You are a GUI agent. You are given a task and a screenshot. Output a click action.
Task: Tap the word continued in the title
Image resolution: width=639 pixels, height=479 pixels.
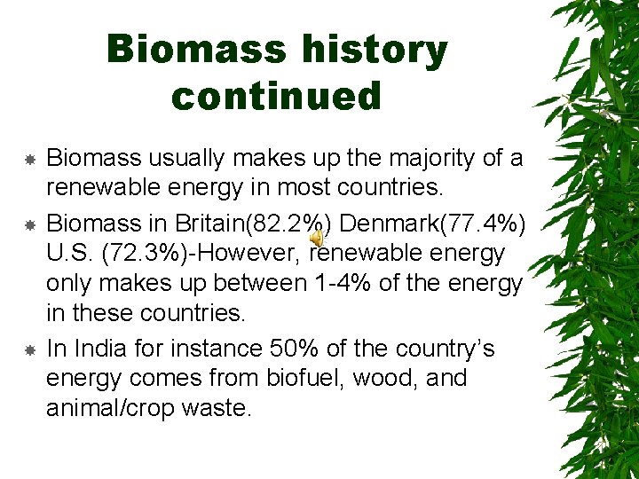[276, 96]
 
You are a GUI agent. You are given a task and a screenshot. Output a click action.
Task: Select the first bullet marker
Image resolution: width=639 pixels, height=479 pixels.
[28, 160]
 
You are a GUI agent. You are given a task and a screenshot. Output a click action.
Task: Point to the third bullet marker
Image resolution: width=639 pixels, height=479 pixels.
[28, 350]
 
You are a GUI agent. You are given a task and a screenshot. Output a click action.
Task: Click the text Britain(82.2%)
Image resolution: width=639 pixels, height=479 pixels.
[250, 222]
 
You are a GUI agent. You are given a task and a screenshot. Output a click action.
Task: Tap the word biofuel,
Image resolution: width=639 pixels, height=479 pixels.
[306, 380]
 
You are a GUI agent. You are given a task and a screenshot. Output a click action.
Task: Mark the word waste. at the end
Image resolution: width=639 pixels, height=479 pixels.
[225, 410]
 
